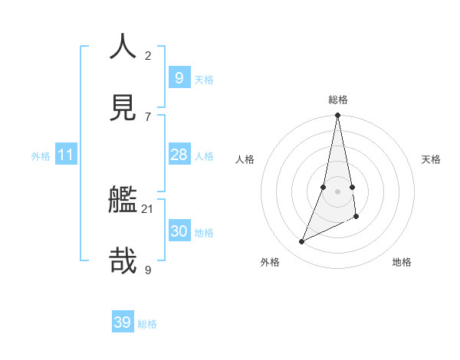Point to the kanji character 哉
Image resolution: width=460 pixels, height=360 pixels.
[x=123, y=260]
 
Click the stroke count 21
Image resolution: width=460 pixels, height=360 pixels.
[x=148, y=208]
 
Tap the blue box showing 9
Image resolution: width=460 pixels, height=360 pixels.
[x=179, y=77]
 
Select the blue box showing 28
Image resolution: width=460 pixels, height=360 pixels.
[x=179, y=155]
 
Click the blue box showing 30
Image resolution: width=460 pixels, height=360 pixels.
[x=179, y=231]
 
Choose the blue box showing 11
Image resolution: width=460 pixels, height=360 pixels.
[x=66, y=155]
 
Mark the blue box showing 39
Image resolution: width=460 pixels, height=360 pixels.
[x=123, y=322]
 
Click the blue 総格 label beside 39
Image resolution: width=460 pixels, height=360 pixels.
[x=147, y=324]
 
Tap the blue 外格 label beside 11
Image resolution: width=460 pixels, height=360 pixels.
[x=41, y=156]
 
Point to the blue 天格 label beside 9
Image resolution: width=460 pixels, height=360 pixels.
[x=204, y=79]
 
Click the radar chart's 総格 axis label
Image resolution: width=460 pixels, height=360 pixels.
[x=338, y=100]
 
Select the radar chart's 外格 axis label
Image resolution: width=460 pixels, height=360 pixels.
[x=270, y=262]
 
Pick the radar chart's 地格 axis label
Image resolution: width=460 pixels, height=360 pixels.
[x=402, y=262]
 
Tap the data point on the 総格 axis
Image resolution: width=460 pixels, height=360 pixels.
[x=337, y=115]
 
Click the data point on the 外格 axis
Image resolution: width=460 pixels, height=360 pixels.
[x=301, y=242]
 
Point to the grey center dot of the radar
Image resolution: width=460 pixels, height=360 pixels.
[x=337, y=191]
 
